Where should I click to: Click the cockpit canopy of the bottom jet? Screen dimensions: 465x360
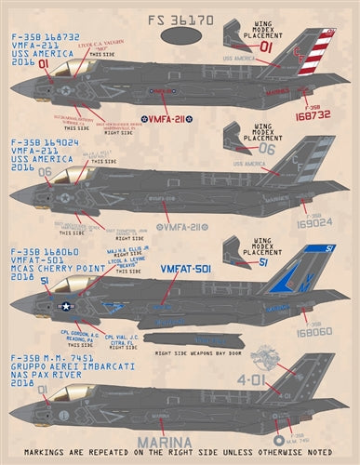(x=60, y=395)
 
